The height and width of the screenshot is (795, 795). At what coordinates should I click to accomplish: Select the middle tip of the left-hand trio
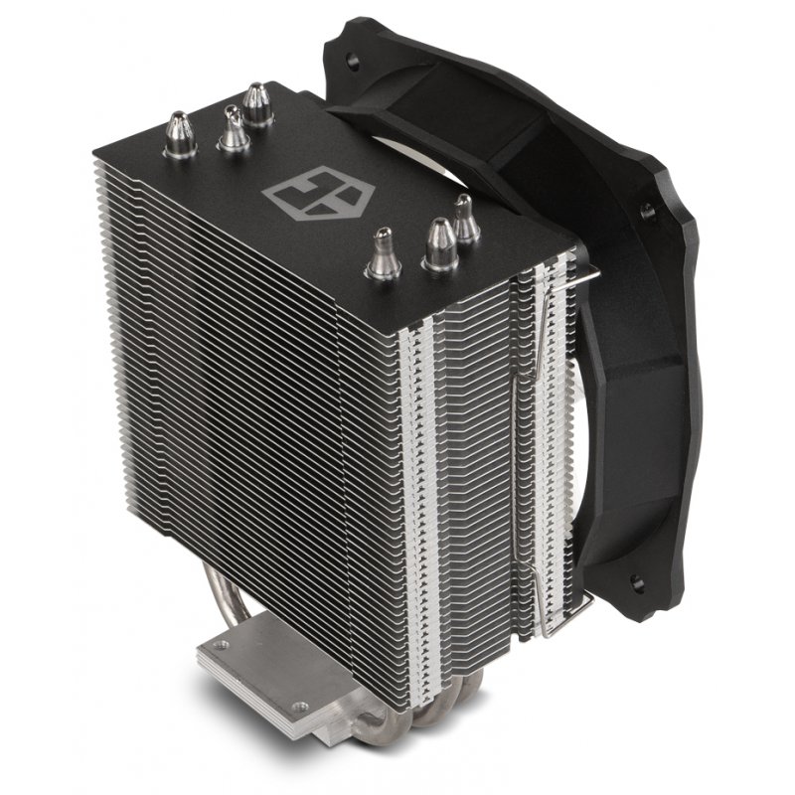point(234,129)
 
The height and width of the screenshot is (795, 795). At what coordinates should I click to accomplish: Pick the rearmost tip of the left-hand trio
point(257,103)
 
